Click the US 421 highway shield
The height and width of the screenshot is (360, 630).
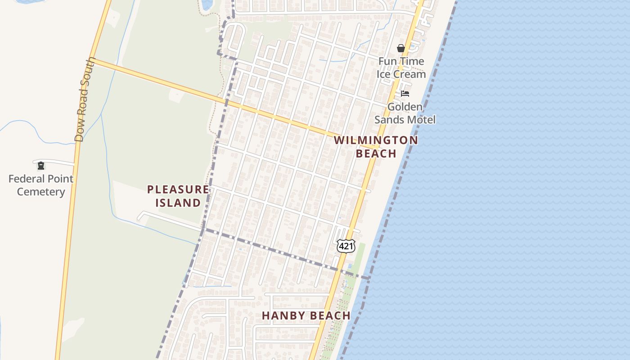coord(346,246)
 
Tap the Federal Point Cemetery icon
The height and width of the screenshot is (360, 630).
coord(41,166)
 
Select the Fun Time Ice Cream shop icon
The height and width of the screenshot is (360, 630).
coord(400,48)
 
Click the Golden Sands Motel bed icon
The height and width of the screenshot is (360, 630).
coord(405,94)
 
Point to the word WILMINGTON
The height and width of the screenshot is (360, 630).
coord(376,140)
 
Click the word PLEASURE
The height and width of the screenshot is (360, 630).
coord(178,189)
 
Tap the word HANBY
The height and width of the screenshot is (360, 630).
coord(282,315)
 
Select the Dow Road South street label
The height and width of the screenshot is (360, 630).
coord(86,99)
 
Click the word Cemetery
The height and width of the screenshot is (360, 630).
coord(41,192)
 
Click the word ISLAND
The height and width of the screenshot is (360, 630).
coord(178,203)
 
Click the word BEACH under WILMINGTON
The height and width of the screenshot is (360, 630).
coord(376,153)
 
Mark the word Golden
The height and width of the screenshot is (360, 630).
coord(405,107)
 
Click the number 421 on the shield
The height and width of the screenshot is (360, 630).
coord(346,246)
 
